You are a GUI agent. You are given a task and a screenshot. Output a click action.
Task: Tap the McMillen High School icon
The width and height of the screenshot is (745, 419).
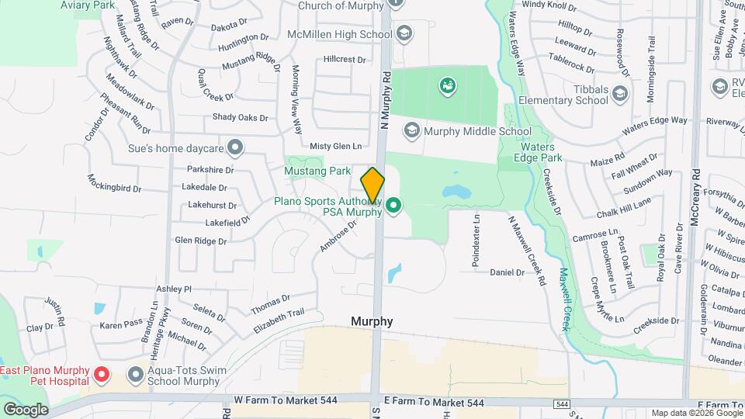click(404, 33)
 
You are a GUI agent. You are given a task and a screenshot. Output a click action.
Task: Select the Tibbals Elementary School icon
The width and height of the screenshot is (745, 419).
click(619, 95)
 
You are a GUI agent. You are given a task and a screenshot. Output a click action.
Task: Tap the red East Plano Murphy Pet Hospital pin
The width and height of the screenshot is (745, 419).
click(101, 376)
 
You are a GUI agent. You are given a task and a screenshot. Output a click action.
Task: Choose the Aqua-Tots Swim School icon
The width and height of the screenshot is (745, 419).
click(136, 376)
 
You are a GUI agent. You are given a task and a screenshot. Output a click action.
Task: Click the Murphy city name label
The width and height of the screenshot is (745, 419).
click(372, 321)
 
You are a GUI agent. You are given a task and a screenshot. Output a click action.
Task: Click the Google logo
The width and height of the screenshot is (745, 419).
click(25, 409)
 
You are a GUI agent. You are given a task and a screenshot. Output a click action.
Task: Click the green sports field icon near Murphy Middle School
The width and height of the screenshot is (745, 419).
click(447, 85)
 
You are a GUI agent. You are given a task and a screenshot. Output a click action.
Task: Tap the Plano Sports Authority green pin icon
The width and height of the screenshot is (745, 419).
click(393, 206)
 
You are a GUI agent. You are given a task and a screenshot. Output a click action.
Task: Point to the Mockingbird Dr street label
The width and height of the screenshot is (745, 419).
click(113, 188)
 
